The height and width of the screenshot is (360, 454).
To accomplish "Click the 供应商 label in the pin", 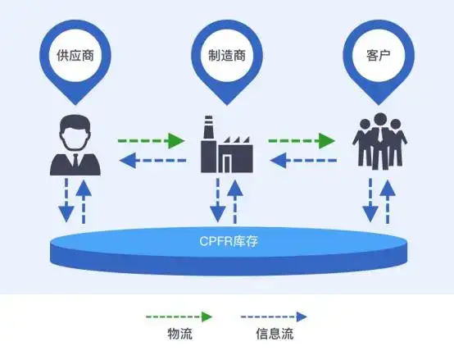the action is tap(75, 55).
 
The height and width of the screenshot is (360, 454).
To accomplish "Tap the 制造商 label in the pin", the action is tap(227, 55).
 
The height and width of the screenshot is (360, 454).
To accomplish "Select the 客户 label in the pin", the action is tap(379, 55).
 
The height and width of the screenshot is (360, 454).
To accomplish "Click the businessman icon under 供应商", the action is tap(75, 145).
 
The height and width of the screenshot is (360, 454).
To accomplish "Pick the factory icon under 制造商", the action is tap(227, 144).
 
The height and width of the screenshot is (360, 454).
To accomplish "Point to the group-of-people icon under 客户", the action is tap(379, 141).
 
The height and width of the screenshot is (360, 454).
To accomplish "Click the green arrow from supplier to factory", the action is tap(151, 141).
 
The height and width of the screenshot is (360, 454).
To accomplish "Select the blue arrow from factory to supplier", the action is tap(152, 160).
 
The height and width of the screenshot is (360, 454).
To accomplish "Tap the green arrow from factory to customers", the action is tap(302, 141).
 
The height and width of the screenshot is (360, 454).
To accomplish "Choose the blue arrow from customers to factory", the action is tap(303, 160).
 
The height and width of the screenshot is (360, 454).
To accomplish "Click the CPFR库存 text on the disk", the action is tap(229, 241).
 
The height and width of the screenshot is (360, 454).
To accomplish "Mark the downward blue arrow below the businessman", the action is tap(66, 200).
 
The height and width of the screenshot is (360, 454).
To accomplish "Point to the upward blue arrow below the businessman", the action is tap(84, 202).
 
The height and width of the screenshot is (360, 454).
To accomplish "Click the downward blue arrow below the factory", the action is tap(218, 200).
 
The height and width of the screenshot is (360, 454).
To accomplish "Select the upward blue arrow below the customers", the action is tap(388, 202).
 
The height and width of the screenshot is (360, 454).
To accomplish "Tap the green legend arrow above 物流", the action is tap(179, 317).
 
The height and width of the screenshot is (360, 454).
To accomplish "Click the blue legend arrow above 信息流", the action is tap(274, 317).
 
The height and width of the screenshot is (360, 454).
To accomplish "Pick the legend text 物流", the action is tap(179, 334).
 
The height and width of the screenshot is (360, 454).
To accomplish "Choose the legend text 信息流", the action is tap(275, 334).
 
